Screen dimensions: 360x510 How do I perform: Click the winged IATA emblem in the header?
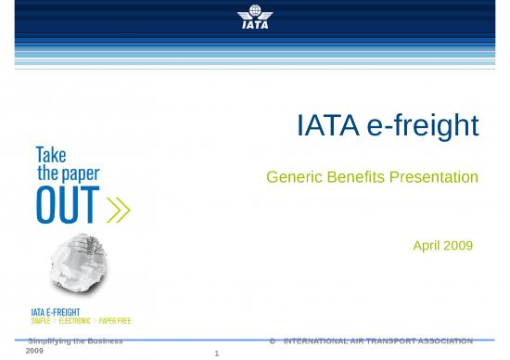point(254,17)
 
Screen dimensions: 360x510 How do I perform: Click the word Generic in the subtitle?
point(292,176)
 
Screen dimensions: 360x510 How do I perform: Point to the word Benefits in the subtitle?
point(355,176)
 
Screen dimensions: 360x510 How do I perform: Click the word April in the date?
point(428,246)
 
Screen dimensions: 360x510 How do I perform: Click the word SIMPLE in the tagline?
point(41,321)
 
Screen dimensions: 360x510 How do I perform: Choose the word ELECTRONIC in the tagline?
point(77,321)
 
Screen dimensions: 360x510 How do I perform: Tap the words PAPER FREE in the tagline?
point(117,321)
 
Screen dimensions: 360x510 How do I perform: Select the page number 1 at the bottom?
point(215,354)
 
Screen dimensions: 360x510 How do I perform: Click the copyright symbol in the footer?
point(272,342)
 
